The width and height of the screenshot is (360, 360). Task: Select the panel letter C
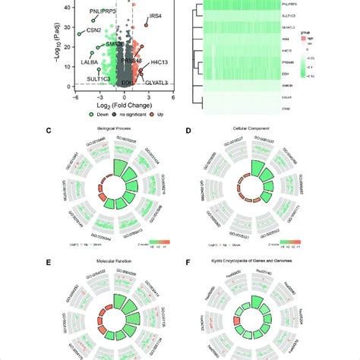point(70,131)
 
